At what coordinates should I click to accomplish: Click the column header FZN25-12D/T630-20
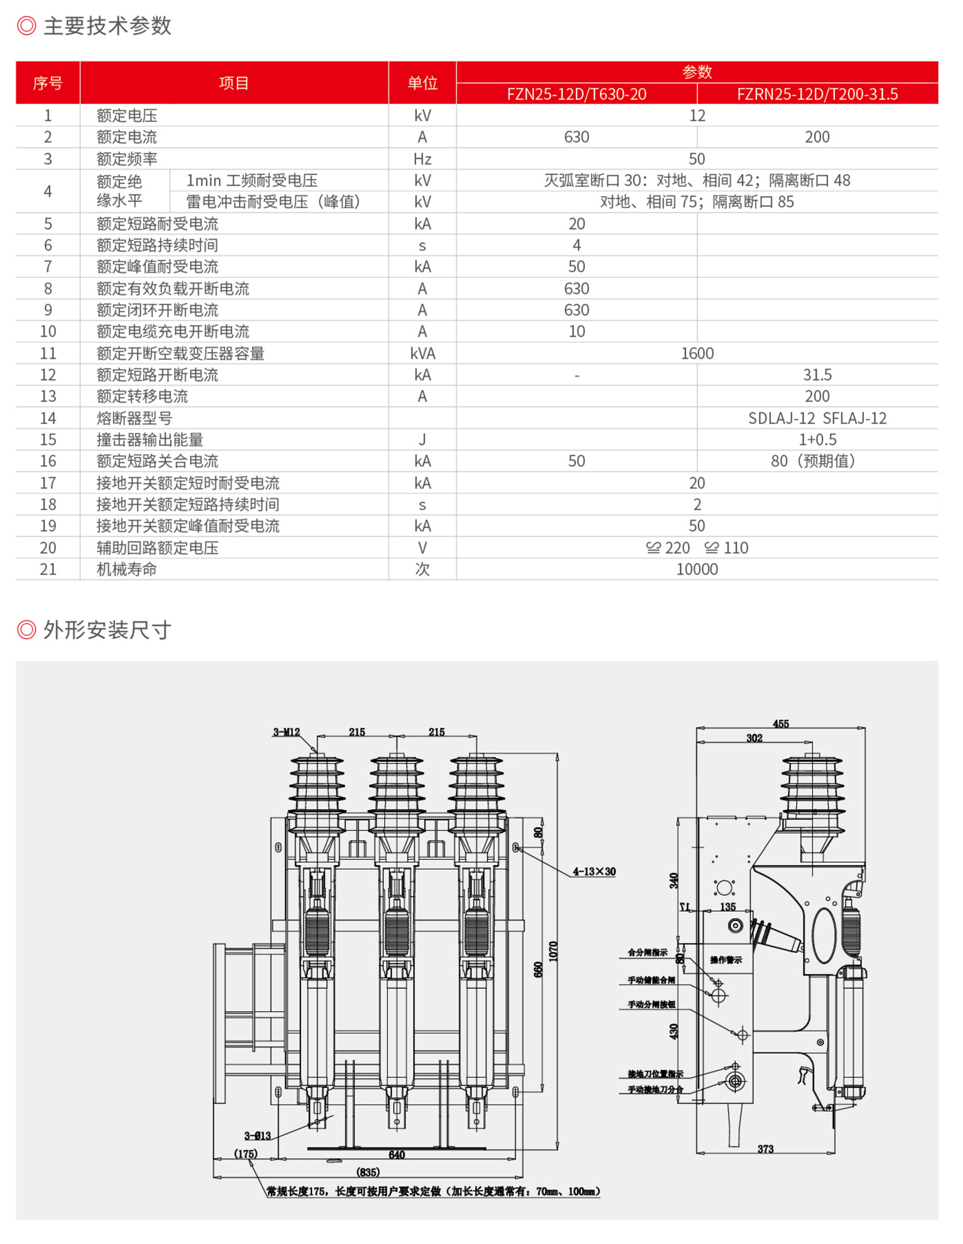tap(576, 94)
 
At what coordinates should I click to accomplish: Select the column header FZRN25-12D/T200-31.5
tap(817, 94)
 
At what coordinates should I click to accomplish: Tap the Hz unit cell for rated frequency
tap(422, 159)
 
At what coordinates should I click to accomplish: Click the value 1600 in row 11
tap(697, 353)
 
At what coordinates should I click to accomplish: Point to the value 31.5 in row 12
tap(817, 375)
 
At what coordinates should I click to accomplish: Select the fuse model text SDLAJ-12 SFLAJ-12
tap(817, 418)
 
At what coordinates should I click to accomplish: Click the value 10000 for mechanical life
tap(697, 569)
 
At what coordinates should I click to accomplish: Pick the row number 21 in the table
tap(48, 569)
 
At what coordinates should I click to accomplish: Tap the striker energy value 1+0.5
tap(817, 440)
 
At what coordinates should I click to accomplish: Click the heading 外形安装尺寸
tap(107, 630)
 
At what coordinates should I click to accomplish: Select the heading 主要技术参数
tap(107, 26)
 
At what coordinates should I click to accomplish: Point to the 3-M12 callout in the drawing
tap(286, 732)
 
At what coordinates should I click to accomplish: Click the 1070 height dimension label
tap(553, 951)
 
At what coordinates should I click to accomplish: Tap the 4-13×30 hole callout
tap(594, 871)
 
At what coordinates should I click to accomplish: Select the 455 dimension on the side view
tap(781, 724)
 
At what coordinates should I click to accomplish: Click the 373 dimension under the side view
tap(765, 1149)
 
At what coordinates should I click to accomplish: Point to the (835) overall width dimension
tap(368, 1172)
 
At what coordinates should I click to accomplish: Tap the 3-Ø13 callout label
tap(257, 1136)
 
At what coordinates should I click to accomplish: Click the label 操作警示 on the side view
tap(725, 960)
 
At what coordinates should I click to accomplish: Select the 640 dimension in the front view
tap(396, 1155)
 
